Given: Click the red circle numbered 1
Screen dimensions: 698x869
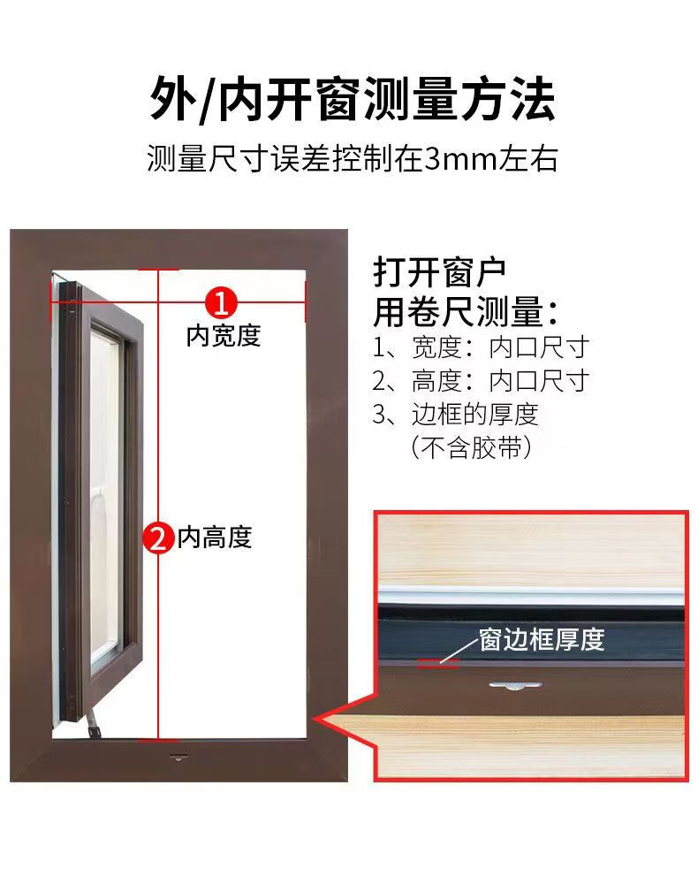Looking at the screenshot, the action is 221,303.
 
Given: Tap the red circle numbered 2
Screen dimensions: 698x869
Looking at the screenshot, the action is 158,537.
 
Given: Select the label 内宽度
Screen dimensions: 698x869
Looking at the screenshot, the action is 224,336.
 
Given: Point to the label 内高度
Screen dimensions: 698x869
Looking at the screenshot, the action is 215,537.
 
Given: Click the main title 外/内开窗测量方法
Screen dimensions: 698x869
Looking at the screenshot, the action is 353,100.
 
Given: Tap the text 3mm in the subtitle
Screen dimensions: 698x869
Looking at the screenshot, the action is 460,159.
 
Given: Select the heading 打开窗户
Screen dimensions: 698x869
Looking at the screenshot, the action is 439,272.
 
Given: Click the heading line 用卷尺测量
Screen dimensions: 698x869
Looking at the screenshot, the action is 466,312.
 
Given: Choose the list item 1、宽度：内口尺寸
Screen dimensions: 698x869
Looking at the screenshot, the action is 481,348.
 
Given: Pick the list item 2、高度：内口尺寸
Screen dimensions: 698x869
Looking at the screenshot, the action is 481,381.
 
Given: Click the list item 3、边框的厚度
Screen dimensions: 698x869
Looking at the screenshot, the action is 455,415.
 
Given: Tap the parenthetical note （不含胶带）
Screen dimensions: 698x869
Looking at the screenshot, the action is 472,448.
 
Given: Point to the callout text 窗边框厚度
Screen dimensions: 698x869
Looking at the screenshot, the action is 542,639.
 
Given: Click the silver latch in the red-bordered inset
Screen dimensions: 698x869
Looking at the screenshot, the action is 514,686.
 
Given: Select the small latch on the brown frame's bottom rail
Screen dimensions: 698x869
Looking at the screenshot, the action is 178,757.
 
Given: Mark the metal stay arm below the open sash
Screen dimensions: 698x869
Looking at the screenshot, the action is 93,722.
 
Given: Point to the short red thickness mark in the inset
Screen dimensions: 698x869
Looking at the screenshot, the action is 438,663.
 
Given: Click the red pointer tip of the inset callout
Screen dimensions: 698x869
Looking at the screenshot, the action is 315,719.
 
